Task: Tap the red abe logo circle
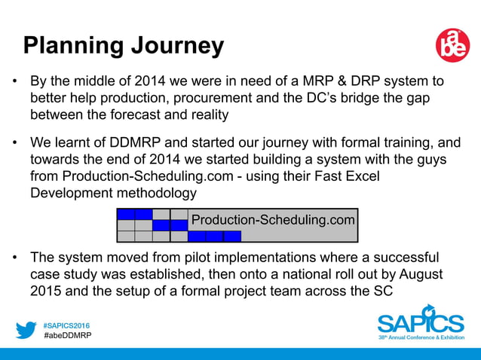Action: (452, 46)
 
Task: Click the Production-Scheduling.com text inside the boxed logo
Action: (272, 220)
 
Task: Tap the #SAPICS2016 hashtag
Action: (66, 324)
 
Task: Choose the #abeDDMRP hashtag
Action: (66, 335)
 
